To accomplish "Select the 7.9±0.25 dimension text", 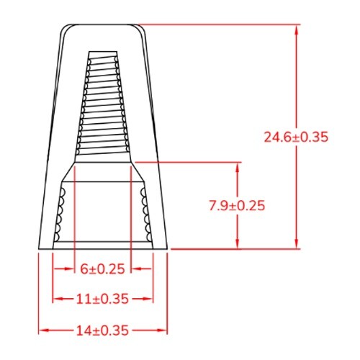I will pos(237,206).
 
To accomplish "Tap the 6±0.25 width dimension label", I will pos(103,269).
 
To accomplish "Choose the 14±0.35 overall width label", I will pos(103,331).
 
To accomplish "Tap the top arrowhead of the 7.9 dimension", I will pos(238,166).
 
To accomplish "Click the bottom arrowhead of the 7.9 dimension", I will pos(238,245).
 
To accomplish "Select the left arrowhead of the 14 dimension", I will pos(42,331).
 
